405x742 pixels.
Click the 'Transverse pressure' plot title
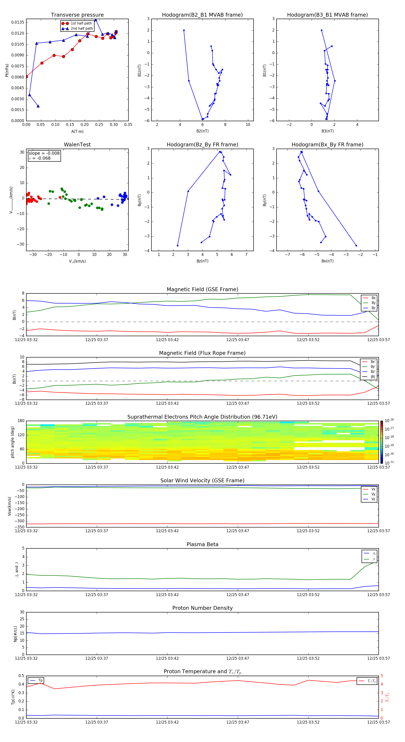click(77, 15)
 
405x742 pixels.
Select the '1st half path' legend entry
click(81, 23)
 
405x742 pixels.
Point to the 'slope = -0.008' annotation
click(44, 153)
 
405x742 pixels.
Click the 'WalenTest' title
click(77, 145)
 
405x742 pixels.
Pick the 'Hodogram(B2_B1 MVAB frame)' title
click(202, 15)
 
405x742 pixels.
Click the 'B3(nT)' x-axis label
click(327, 131)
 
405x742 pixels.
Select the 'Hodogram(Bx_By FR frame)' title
click(327, 145)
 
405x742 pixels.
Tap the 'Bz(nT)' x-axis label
click(202, 261)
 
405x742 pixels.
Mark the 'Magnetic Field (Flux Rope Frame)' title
click(202, 353)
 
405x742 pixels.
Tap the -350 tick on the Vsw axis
click(19, 527)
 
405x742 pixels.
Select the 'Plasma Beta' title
click(202, 544)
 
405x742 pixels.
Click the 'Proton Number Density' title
click(202, 608)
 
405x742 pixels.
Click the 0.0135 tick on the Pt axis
click(18, 22)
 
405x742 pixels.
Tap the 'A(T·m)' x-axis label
click(77, 132)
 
